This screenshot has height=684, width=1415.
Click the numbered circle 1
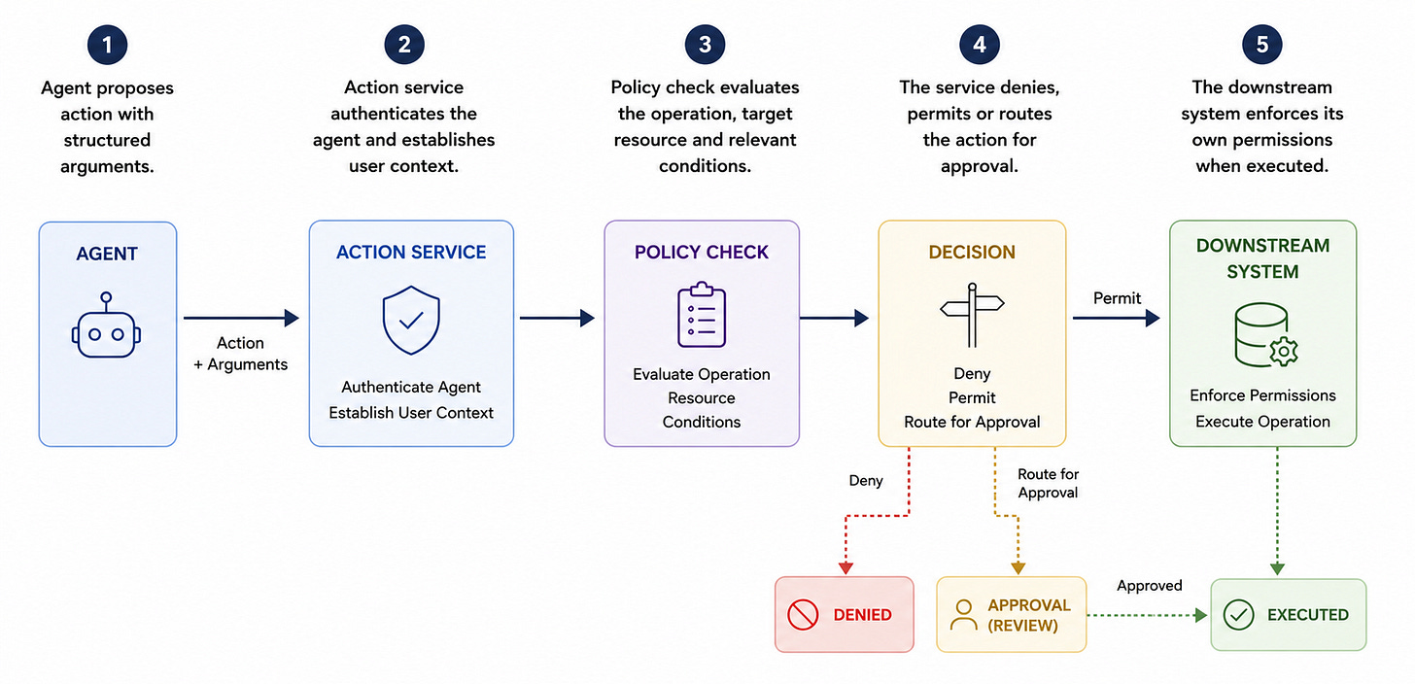click(x=107, y=45)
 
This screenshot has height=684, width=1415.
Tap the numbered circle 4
click(x=980, y=45)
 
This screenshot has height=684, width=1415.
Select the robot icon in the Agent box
click(x=106, y=325)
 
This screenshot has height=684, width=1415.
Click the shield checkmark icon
click(x=411, y=320)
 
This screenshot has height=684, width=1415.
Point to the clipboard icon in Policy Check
click(x=702, y=315)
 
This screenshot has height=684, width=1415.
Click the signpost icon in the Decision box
click(x=972, y=315)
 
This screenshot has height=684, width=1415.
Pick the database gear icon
click(x=1266, y=335)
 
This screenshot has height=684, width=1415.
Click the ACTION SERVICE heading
click(x=411, y=252)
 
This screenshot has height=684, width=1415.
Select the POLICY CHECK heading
click(x=702, y=252)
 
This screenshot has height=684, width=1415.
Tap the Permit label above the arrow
click(x=1117, y=298)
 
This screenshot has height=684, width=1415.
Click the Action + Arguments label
click(x=241, y=354)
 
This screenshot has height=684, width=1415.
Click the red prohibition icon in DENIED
click(x=803, y=614)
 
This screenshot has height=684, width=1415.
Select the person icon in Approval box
click(x=963, y=614)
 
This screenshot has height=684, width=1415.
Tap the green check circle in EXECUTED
click(x=1239, y=614)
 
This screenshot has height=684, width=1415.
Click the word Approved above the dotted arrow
click(x=1149, y=586)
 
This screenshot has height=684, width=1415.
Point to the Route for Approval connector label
click(x=1048, y=483)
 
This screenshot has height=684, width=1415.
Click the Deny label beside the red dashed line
click(x=865, y=481)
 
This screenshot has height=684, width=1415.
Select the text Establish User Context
click(x=411, y=412)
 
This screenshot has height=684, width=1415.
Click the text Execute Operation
click(x=1262, y=422)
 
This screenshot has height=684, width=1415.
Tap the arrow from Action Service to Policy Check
click(x=557, y=318)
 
